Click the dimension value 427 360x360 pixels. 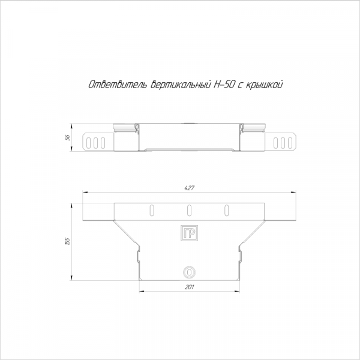[190, 188]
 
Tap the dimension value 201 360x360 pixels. [189, 287]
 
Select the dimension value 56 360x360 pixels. [67, 137]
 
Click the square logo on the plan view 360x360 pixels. [189, 233]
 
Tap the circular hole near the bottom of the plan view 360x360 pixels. [189, 272]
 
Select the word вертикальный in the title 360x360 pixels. [181, 85]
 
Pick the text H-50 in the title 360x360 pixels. [224, 85]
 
